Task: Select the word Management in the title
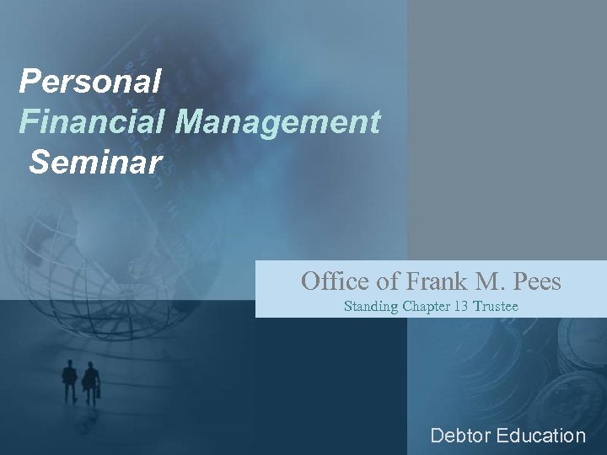[x=278, y=123]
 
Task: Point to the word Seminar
[x=94, y=163]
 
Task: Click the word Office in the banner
[x=329, y=281]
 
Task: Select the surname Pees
[x=534, y=281]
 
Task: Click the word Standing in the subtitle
[x=372, y=307]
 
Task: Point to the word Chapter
[x=427, y=307]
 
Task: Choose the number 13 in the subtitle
[x=462, y=307]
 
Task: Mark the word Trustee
[x=496, y=307]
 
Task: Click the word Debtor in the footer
[x=460, y=436]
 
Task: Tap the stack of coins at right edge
[x=582, y=354]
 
